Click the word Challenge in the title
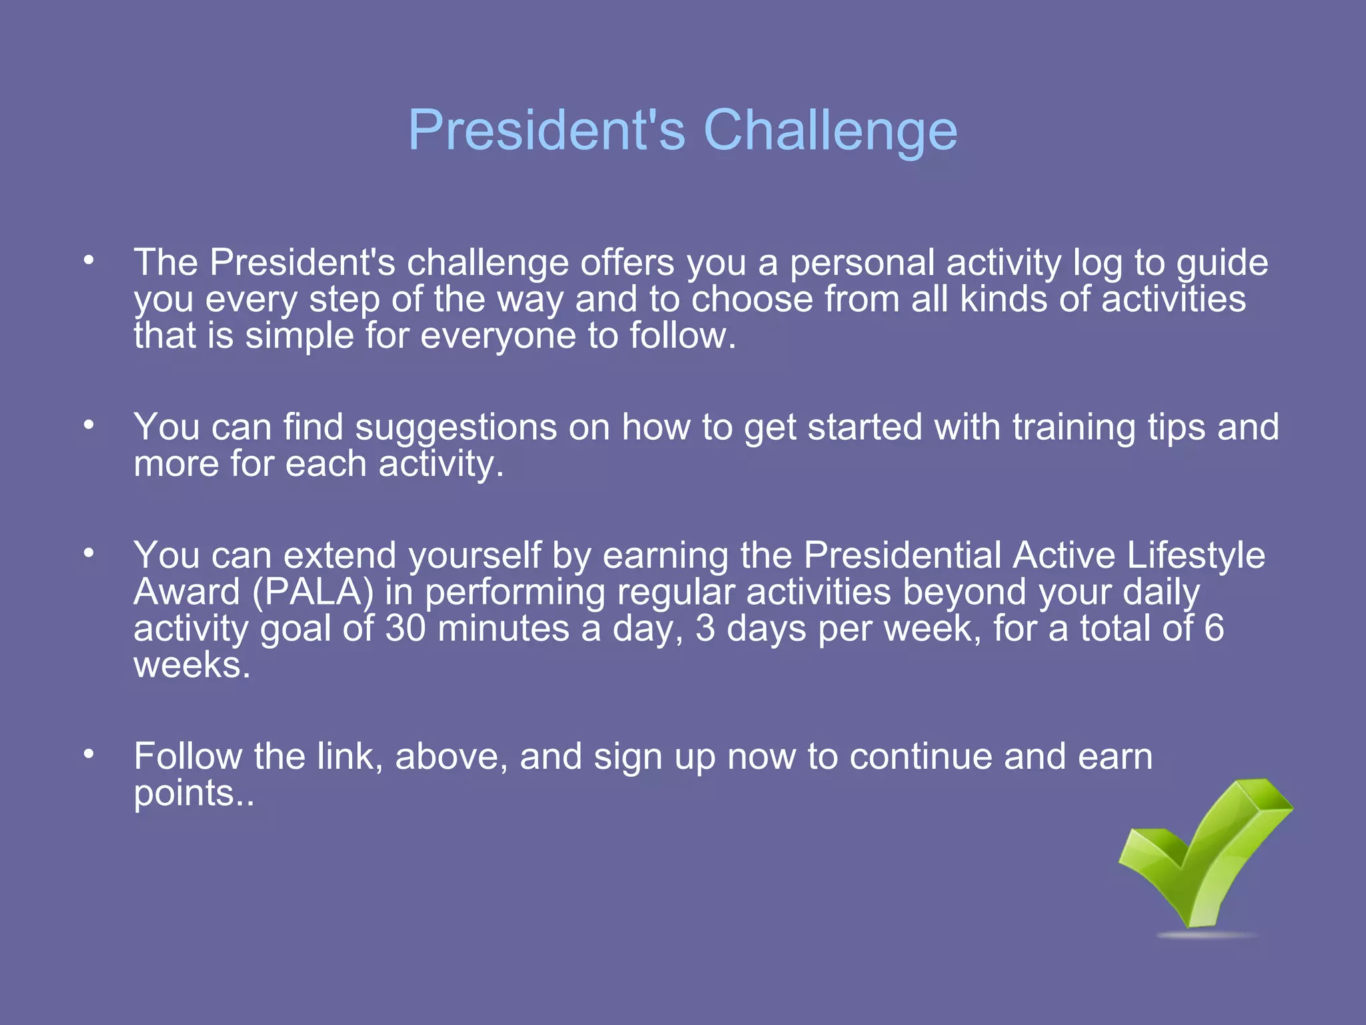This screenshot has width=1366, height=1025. pos(830,130)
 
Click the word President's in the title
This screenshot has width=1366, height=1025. pos(547,130)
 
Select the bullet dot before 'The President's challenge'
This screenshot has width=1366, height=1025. pos(89,260)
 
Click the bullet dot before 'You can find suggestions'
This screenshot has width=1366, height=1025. pos(89,425)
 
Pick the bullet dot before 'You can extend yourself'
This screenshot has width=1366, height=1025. pos(89,553)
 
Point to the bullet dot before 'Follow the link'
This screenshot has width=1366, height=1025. pos(89,754)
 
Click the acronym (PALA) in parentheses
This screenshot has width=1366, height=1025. pos(313,593)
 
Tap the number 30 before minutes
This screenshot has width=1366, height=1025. pos(405,629)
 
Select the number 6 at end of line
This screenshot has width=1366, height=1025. pos(1214,629)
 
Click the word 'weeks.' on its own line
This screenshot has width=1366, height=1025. pos(192,665)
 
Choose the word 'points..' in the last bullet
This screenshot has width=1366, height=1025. pos(194,794)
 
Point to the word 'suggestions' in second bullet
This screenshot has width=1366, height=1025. pos(456,427)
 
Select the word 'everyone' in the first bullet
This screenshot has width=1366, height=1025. pos(498,336)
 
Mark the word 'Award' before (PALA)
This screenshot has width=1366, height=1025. pos(187,593)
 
